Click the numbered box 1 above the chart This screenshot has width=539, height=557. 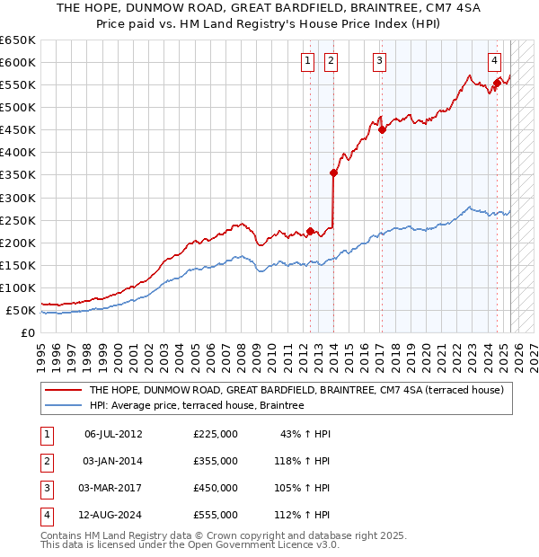307,61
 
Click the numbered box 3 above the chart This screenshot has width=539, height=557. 380,61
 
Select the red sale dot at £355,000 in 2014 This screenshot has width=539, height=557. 333,172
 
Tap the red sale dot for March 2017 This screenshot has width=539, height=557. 382,129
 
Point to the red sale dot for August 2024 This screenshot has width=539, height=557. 497,83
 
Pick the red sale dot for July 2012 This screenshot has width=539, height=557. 310,231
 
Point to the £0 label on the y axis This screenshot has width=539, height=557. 29,332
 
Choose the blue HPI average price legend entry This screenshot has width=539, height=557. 197,406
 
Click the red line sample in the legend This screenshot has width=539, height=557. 63,391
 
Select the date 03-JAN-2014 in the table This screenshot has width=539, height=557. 113,461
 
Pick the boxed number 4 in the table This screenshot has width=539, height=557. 45,515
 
